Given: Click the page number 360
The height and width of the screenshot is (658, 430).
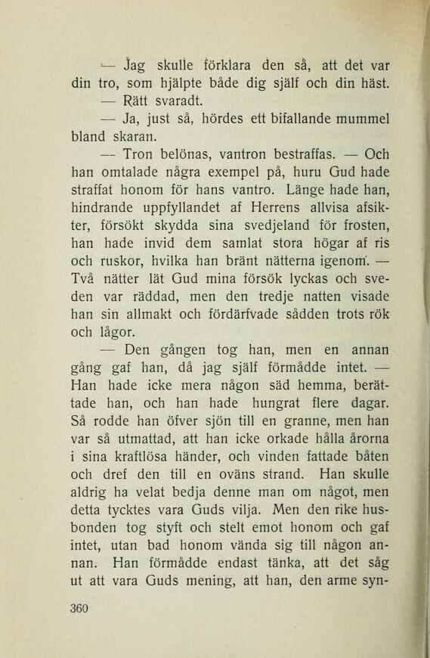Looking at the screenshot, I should click(x=79, y=608).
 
